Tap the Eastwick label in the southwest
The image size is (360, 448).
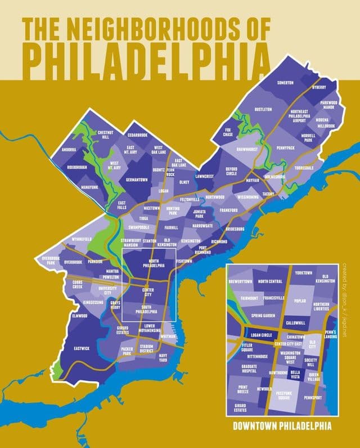click(x=82, y=348)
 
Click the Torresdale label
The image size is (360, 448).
click(x=304, y=168)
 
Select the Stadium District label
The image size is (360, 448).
click(x=147, y=349)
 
